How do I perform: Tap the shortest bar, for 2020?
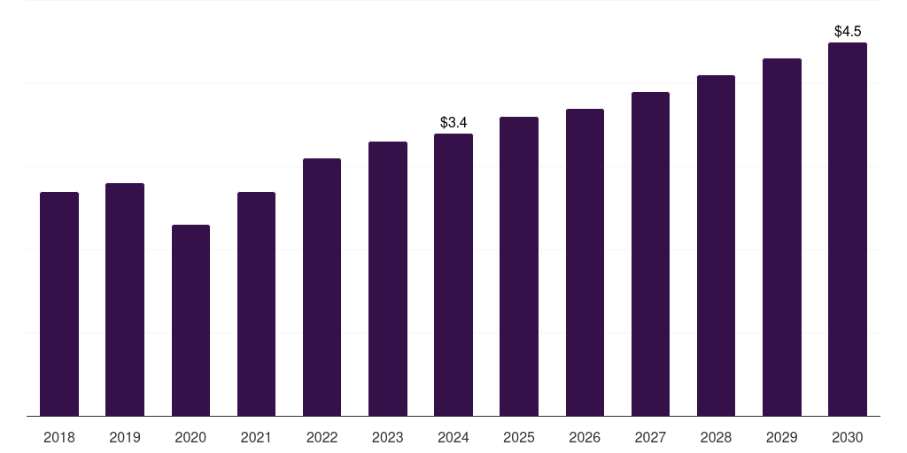(190, 320)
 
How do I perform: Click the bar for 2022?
(322, 287)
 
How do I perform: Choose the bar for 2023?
(388, 279)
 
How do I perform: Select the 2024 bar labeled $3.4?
(453, 274)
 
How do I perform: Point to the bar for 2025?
(519, 266)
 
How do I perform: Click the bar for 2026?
(585, 262)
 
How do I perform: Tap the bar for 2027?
(650, 254)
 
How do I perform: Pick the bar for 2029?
(782, 237)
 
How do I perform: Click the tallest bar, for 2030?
(848, 229)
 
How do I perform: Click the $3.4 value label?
(453, 122)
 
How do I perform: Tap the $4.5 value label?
(848, 31)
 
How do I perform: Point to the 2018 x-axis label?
(59, 437)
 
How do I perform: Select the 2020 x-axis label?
(190, 437)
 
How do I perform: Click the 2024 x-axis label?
(453, 437)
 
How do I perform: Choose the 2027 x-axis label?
(650, 437)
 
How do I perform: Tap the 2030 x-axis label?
(848, 437)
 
